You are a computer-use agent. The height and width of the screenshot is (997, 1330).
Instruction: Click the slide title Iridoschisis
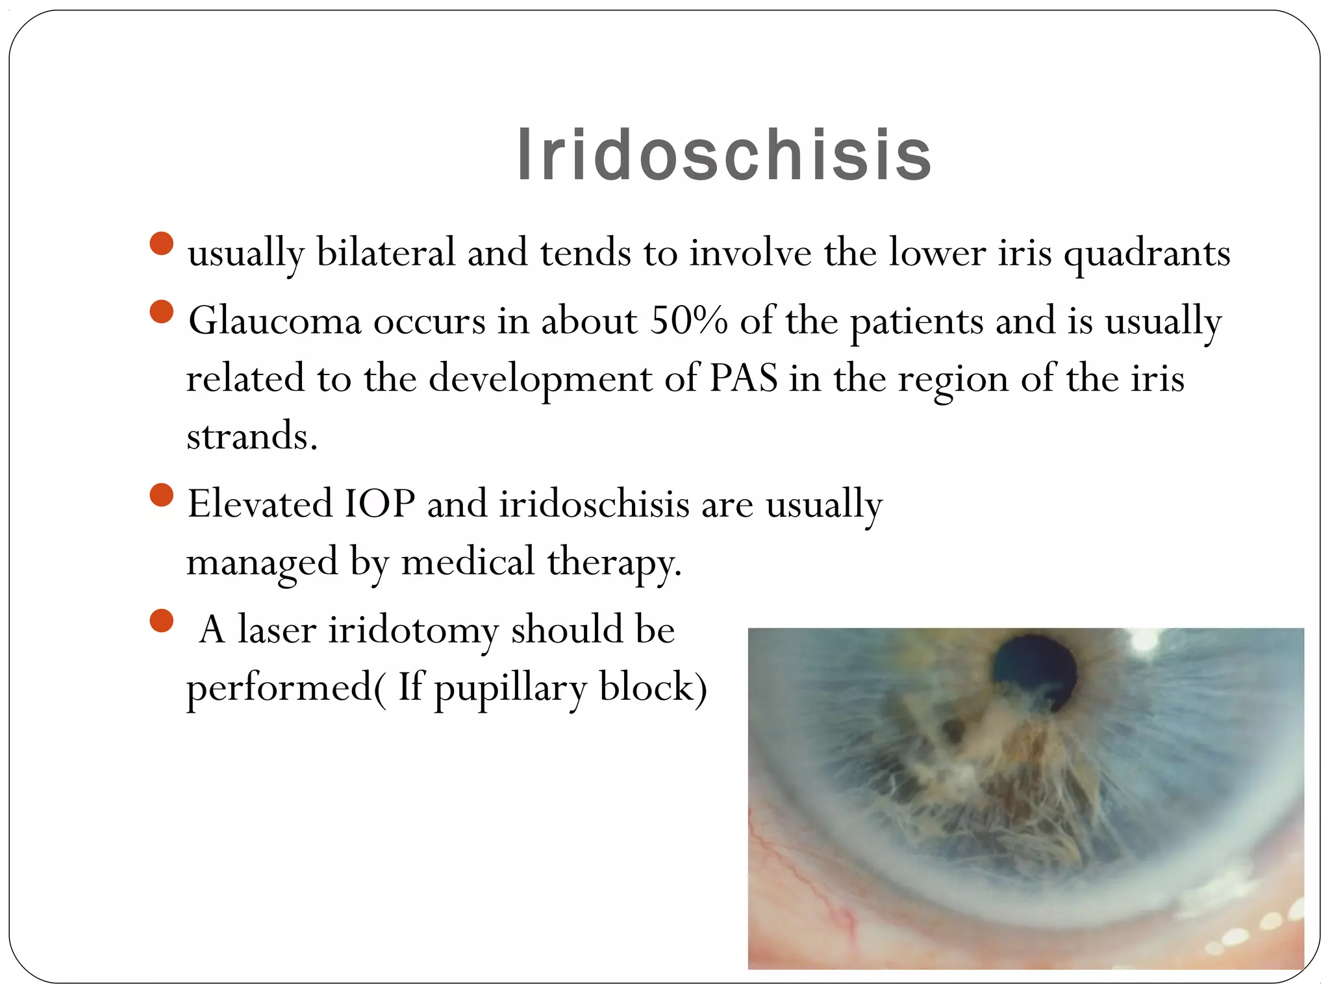pyautogui.click(x=723, y=156)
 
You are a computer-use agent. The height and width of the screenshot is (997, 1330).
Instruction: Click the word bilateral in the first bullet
pyautogui.click(x=386, y=252)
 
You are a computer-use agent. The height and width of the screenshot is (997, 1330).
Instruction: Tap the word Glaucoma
pyautogui.click(x=274, y=321)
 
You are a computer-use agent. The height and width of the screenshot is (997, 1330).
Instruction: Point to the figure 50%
pyautogui.click(x=688, y=321)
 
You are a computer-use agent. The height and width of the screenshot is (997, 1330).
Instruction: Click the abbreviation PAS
pyautogui.click(x=743, y=378)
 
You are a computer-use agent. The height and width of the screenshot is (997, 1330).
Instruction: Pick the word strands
pyautogui.click(x=251, y=436)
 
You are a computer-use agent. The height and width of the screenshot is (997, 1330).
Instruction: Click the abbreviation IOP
pyautogui.click(x=379, y=504)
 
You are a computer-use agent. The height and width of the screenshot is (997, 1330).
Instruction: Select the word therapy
pyautogui.click(x=614, y=562)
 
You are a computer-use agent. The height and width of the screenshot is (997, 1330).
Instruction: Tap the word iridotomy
pyautogui.click(x=413, y=630)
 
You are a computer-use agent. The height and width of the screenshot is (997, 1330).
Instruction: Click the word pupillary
pyautogui.click(x=510, y=688)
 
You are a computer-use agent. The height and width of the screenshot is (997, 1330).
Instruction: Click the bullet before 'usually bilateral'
pyautogui.click(x=161, y=244)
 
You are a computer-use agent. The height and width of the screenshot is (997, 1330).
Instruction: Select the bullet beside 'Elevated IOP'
pyautogui.click(x=161, y=495)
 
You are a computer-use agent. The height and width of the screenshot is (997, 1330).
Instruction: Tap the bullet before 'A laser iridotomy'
pyautogui.click(x=161, y=621)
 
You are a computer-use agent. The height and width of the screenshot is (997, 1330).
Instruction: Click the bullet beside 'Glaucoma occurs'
pyautogui.click(x=161, y=312)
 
